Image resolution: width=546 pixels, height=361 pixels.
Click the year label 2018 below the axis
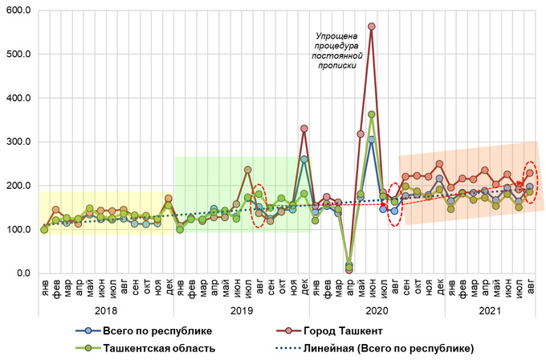(x=107, y=310)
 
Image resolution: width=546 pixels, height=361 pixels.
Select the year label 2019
(x=242, y=310)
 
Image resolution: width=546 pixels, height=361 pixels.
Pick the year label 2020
(x=377, y=310)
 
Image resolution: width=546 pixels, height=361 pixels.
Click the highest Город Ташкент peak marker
(x=372, y=27)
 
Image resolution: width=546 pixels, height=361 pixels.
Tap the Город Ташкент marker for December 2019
(x=304, y=128)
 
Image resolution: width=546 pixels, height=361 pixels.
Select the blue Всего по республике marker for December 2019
(x=304, y=159)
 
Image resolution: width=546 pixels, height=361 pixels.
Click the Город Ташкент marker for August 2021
(x=530, y=173)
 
